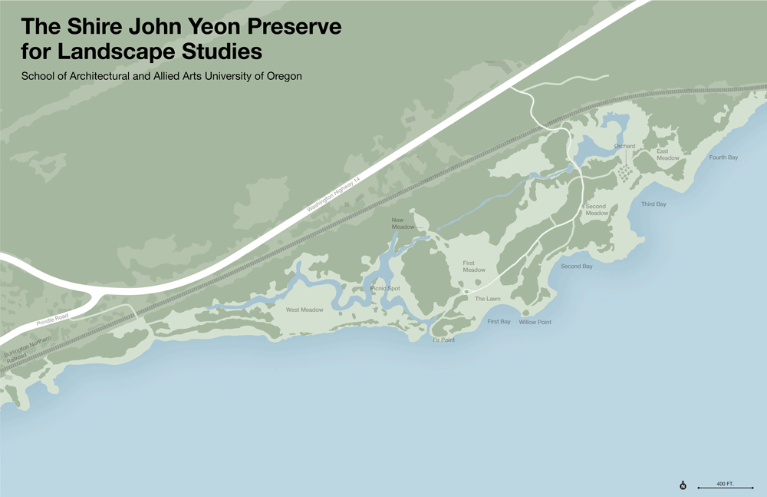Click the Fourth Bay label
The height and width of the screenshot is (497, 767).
[723, 157]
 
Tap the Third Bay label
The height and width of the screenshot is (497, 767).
[653, 204]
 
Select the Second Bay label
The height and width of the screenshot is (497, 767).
[576, 267]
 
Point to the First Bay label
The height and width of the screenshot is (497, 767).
[499, 322]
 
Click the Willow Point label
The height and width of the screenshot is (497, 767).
[535, 323]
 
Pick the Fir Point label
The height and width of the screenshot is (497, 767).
[443, 340]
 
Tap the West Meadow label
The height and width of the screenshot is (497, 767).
[304, 310]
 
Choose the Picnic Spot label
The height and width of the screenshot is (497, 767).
[385, 289]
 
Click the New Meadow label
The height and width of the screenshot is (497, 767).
[403, 223]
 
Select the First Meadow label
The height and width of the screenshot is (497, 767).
[474, 267]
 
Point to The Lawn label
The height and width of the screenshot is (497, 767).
[487, 299]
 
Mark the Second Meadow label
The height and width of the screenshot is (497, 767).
[596, 210]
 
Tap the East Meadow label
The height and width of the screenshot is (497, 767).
[667, 154]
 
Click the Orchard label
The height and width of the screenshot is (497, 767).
[624, 146]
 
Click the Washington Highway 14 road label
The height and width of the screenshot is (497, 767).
[334, 193]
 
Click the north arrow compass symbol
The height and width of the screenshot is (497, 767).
[683, 485]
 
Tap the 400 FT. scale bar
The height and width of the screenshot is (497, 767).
[725, 486]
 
